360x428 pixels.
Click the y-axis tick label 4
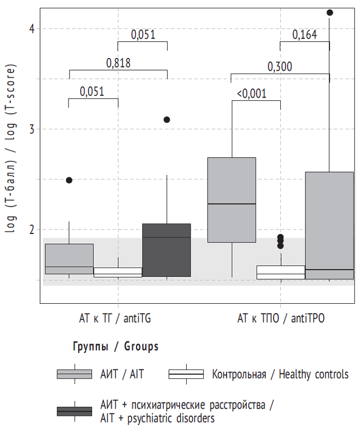coord(31,28)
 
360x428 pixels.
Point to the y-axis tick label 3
coord(31,129)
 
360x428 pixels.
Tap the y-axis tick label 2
coord(31,230)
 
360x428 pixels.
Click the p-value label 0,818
coord(118,64)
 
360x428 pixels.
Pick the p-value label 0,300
coord(280,67)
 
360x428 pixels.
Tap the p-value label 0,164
coord(305,35)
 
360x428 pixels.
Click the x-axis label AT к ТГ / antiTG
coord(115,319)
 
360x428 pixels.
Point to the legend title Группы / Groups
coord(116,347)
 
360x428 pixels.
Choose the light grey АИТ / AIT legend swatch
coord(74,374)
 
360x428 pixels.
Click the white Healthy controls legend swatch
coord(186,374)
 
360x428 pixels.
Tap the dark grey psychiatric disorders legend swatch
coord(74,411)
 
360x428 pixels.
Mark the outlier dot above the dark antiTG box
coord(167,120)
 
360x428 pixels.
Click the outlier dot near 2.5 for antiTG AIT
coord(69,180)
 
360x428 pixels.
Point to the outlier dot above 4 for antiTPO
coord(329,12)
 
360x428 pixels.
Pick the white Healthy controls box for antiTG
coord(118,272)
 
